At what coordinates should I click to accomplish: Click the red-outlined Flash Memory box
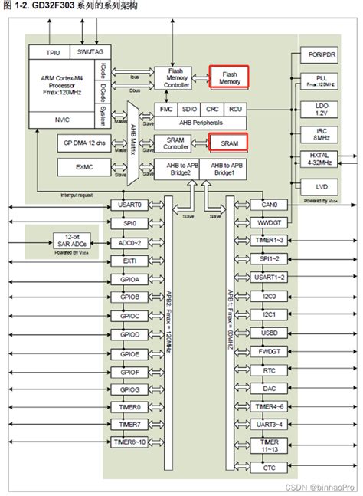click(x=231, y=76)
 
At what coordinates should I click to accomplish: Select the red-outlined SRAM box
click(x=231, y=143)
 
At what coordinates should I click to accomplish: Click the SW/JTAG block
click(x=92, y=52)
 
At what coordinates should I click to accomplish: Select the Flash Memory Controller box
click(x=175, y=77)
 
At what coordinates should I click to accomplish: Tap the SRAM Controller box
click(x=175, y=143)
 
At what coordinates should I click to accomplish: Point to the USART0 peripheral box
click(x=129, y=205)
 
